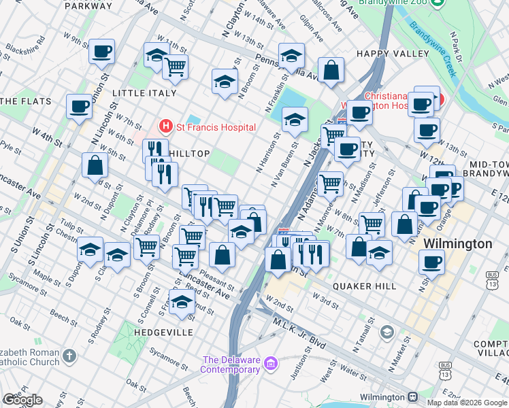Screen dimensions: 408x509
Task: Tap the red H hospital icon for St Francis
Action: (x=165, y=126)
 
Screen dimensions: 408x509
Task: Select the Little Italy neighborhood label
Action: (x=144, y=93)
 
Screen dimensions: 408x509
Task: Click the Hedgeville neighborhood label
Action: (x=164, y=333)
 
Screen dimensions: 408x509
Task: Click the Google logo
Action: (x=22, y=400)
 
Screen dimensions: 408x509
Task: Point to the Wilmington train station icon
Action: (x=412, y=397)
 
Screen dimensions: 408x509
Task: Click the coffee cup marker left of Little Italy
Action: (x=79, y=106)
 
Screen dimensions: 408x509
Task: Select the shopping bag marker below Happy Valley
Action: (x=331, y=71)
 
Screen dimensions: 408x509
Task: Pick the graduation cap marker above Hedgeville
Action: (x=182, y=302)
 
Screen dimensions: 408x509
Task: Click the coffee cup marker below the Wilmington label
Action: (x=431, y=261)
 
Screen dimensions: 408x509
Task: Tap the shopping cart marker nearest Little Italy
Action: (x=176, y=67)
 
